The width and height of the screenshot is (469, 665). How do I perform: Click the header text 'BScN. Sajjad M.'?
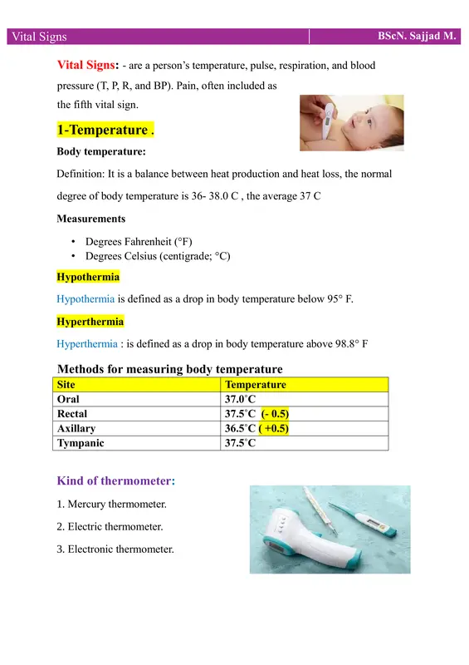pos(416,36)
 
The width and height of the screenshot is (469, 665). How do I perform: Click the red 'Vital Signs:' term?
pos(88,65)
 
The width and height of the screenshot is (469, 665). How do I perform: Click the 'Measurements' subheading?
pos(91,219)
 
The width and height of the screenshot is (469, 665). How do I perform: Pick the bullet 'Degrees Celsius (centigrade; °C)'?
pos(158,257)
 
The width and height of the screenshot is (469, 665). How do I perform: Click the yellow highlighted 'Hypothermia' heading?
pos(88,276)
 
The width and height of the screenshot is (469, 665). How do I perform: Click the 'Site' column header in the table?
pos(64,385)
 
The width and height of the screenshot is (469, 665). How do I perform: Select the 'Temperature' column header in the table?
pos(256,385)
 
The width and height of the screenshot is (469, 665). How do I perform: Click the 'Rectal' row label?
pos(71,414)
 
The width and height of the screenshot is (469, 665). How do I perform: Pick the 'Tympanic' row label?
pos(80,443)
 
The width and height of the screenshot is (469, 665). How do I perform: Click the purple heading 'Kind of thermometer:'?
pos(115,480)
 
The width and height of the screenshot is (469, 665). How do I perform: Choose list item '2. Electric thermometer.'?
pos(115,526)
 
